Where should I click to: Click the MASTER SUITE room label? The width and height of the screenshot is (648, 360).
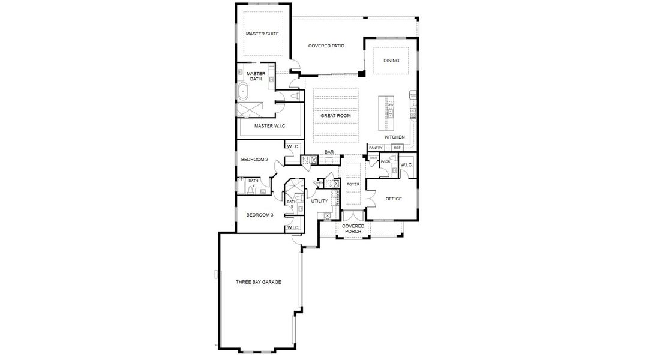tap(262, 34)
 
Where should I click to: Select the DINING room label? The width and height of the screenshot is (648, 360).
tap(391, 61)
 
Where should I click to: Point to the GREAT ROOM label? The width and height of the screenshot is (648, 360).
tap(335, 115)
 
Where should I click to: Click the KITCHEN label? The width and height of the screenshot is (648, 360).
tap(395, 137)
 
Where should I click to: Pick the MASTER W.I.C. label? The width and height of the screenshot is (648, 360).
tap(270, 126)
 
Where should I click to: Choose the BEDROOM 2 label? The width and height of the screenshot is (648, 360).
tap(254, 160)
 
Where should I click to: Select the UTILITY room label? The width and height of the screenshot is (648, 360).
tap(319, 201)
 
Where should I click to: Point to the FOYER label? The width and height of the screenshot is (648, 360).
tap(353, 184)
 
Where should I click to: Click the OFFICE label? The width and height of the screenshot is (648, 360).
tap(394, 199)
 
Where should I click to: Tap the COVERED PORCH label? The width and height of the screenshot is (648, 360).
tap(353, 229)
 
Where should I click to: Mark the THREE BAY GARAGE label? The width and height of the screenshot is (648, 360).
tap(258, 282)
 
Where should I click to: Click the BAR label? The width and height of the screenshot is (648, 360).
tap(329, 152)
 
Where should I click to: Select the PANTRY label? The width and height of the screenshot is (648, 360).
tap(376, 148)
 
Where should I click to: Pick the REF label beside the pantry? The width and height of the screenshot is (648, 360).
tap(397, 148)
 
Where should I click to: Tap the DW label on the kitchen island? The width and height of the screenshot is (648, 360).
tap(390, 105)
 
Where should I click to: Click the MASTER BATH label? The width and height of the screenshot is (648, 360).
tap(256, 76)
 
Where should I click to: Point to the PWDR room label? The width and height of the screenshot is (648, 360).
tap(385, 161)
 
